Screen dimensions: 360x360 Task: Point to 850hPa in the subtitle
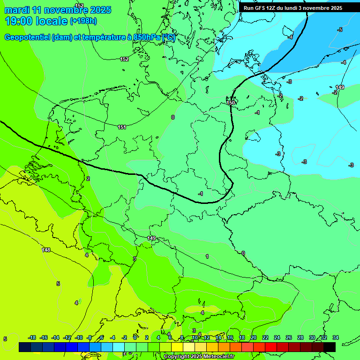pos(147,37)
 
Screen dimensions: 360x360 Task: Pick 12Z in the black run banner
pos(271,8)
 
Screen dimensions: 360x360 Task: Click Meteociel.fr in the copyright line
pos(218,357)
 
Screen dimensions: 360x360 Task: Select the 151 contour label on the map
pos(122,127)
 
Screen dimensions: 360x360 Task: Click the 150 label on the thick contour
pos(231,103)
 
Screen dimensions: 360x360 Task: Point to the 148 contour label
pos(46,250)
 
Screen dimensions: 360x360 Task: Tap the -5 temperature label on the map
pos(340,30)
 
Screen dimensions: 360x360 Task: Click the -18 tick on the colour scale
pos(32,337)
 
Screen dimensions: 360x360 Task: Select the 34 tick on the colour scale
pos(335,337)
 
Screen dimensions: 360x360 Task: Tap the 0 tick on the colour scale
pos(136,337)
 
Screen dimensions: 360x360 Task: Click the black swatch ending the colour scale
pos(330,347)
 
